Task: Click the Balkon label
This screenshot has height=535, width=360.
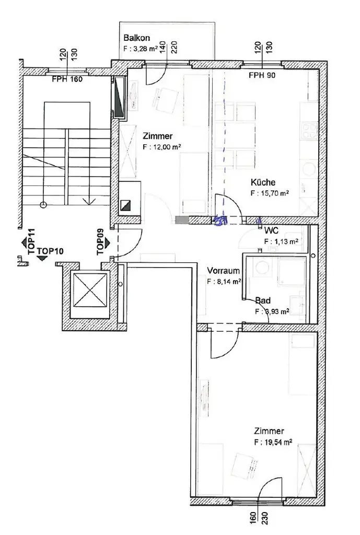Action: click(137, 38)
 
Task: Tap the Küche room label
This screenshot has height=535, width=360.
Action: click(263, 183)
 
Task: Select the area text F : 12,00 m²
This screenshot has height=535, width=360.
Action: click(161, 147)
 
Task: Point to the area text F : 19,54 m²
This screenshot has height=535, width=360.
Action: click(273, 441)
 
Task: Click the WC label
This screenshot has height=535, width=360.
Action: click(271, 230)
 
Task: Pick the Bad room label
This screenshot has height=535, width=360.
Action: click(263, 301)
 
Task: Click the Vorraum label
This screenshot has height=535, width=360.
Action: click(223, 271)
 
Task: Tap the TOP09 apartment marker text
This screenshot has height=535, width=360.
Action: click(100, 242)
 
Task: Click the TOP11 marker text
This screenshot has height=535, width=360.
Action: click(31, 241)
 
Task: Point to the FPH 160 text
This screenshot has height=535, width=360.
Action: click(67, 80)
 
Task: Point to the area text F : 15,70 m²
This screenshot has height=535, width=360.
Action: click(270, 193)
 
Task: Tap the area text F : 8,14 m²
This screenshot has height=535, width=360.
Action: click(224, 281)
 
